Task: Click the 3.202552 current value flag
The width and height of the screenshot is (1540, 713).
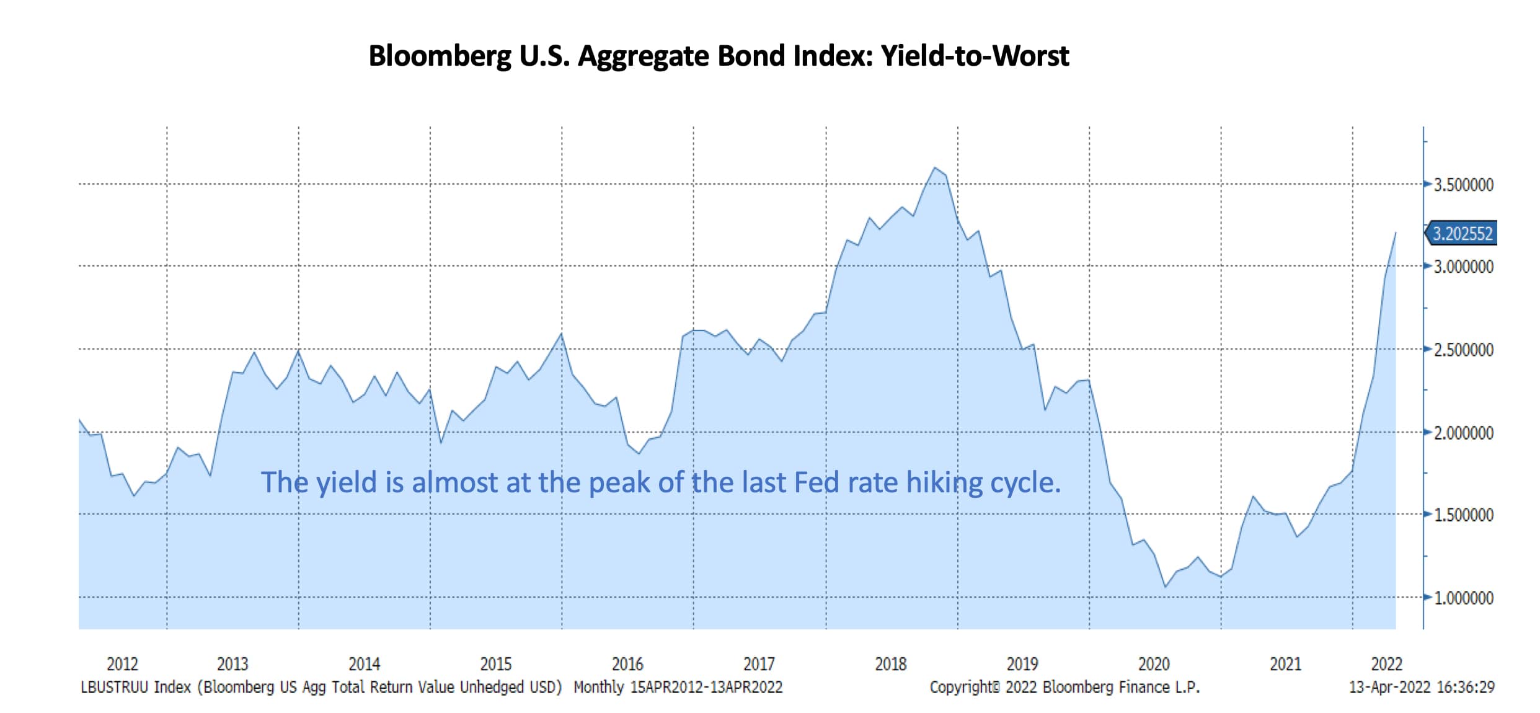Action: [1462, 234]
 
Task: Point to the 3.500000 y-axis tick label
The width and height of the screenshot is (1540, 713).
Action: [1463, 185]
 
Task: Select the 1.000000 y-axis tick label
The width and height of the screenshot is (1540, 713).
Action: [1463, 598]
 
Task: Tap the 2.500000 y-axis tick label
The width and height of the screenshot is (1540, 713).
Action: [1463, 350]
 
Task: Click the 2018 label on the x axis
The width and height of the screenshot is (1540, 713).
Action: [890, 664]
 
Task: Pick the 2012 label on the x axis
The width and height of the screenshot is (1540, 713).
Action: [122, 664]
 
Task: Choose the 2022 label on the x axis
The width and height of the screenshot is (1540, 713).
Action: [1386, 664]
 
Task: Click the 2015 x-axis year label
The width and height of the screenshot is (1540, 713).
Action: [496, 664]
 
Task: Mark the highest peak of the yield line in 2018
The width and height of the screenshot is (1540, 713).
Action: [935, 167]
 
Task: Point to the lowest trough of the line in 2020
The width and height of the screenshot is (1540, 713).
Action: [1166, 587]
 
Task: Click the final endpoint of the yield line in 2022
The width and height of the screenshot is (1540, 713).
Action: [1396, 232]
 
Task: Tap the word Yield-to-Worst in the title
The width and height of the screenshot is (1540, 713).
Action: [975, 56]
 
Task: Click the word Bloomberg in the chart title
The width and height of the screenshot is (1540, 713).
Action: [440, 56]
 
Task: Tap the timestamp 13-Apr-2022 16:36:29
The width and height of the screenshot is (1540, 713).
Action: [1421, 687]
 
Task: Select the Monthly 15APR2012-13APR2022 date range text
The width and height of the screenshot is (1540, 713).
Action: [678, 687]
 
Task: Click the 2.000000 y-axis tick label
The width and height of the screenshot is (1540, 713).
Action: [1463, 433]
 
